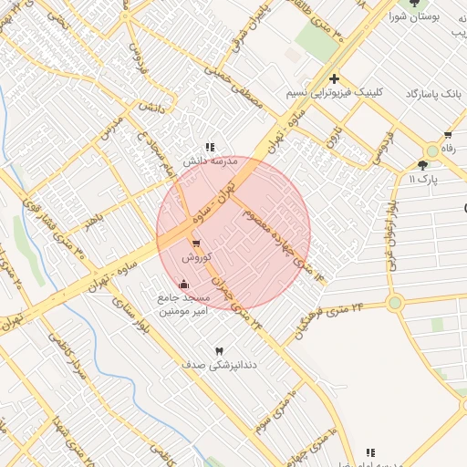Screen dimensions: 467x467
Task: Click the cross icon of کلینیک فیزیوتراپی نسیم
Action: (336, 78)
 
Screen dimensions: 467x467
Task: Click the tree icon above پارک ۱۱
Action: (421, 165)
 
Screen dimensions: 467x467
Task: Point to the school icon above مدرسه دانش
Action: (210, 146)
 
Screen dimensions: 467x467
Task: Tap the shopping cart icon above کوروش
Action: (196, 243)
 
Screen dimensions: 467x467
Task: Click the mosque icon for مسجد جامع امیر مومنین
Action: (185, 284)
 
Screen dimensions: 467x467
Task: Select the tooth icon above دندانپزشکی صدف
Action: (218, 351)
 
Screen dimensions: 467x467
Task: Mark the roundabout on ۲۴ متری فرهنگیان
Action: (394, 303)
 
